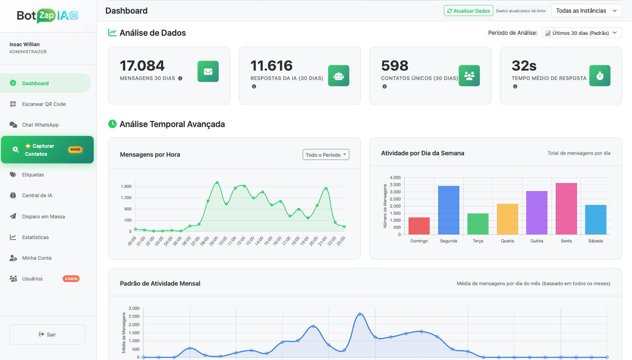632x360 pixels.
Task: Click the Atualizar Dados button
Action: click(x=468, y=11)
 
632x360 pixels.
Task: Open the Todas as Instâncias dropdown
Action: click(x=586, y=11)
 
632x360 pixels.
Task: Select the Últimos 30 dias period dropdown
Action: click(x=582, y=33)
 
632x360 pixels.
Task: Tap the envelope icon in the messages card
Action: click(x=208, y=72)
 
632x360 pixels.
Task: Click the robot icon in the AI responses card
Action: click(x=338, y=76)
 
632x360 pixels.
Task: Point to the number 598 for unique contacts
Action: click(x=394, y=65)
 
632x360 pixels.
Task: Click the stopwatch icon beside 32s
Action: click(x=600, y=76)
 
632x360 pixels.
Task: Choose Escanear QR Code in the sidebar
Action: click(x=44, y=104)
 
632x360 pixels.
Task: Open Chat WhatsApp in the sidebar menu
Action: click(x=40, y=125)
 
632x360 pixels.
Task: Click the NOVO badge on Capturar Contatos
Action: click(x=75, y=150)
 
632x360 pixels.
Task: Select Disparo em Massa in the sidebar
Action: click(x=43, y=216)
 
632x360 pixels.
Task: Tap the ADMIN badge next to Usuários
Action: click(x=71, y=279)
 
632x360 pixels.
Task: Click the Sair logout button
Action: click(x=47, y=335)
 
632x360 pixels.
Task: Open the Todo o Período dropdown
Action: click(x=326, y=155)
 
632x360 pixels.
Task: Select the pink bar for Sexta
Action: click(x=566, y=209)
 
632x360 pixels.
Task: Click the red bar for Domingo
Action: click(x=419, y=226)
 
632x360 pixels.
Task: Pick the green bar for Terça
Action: click(x=478, y=224)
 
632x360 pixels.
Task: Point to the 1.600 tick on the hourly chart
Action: click(x=126, y=186)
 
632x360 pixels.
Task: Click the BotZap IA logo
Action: click(x=47, y=16)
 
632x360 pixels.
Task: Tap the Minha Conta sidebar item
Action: click(x=37, y=258)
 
